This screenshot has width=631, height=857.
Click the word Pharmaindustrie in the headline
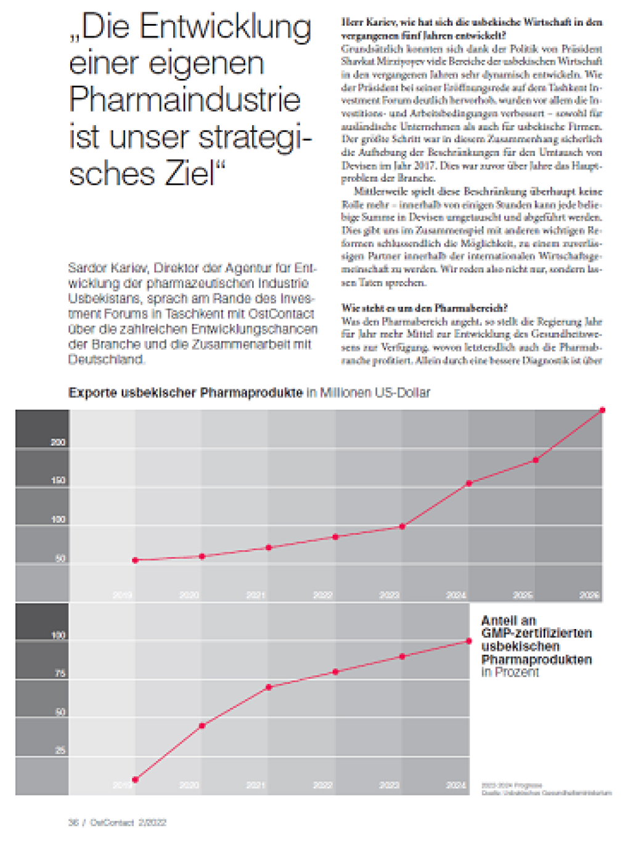(185, 100)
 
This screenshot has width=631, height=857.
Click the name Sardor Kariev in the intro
(107, 268)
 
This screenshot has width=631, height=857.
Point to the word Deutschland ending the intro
(106, 359)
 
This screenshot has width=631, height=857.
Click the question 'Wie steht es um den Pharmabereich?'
(425, 308)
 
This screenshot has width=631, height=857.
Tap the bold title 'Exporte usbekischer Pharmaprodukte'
(185, 392)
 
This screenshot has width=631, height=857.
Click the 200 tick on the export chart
(58, 442)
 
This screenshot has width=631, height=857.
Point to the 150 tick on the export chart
(58, 481)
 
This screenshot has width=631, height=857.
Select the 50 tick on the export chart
(60, 558)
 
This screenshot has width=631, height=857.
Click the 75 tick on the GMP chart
(60, 673)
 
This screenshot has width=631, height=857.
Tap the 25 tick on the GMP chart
(60, 750)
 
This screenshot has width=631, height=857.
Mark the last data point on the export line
(602, 410)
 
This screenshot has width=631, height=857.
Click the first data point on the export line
(136, 560)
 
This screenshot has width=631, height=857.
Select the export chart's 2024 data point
(469, 483)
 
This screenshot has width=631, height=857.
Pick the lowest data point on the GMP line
(136, 780)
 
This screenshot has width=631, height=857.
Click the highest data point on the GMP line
(469, 641)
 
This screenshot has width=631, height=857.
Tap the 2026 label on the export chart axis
(589, 595)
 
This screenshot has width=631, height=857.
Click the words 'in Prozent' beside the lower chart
(510, 672)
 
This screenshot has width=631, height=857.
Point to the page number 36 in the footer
(73, 822)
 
